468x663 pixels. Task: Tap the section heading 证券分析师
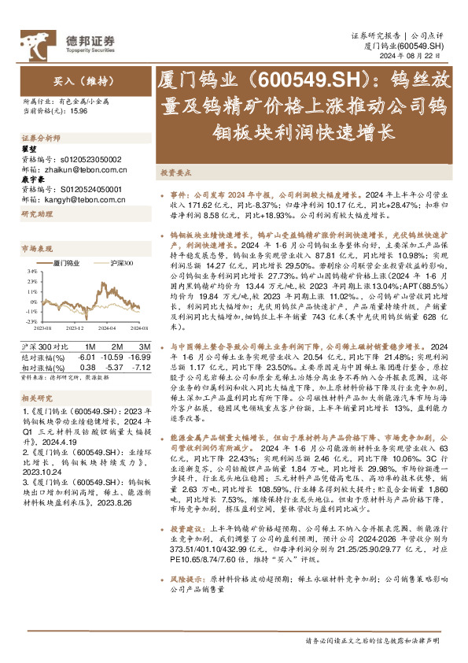tap(40, 137)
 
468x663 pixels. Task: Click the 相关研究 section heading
tap(35, 398)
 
